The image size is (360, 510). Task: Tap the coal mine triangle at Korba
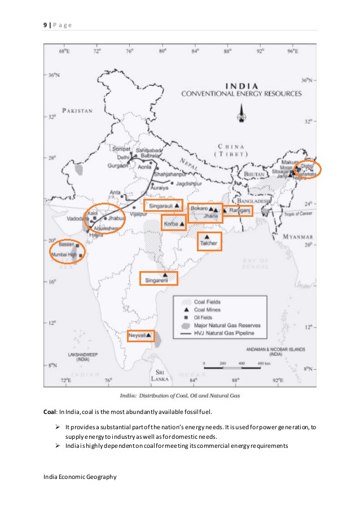point(182,224)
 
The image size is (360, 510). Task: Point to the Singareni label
point(156,280)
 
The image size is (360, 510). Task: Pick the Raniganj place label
point(239,210)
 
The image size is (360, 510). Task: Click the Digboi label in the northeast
point(306,166)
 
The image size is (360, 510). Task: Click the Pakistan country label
point(77,111)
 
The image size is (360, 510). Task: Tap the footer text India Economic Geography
point(80,477)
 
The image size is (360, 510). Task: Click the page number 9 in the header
point(45,25)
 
